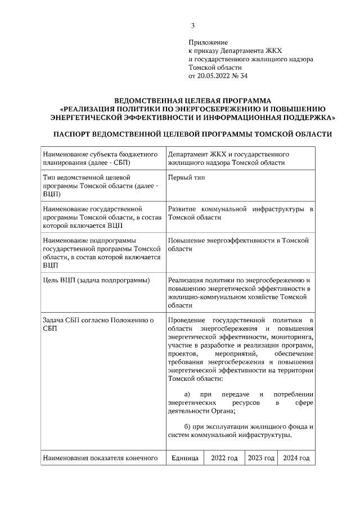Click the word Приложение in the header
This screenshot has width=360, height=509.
pyautogui.click(x=208, y=42)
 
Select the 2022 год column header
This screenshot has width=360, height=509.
pyautogui.click(x=224, y=458)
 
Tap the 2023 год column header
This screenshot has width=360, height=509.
pyautogui.click(x=262, y=458)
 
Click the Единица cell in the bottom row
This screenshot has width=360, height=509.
pyautogui.click(x=184, y=458)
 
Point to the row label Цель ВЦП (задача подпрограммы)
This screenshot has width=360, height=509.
pyautogui.click(x=96, y=280)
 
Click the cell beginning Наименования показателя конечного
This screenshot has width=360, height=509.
pyautogui.click(x=99, y=458)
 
